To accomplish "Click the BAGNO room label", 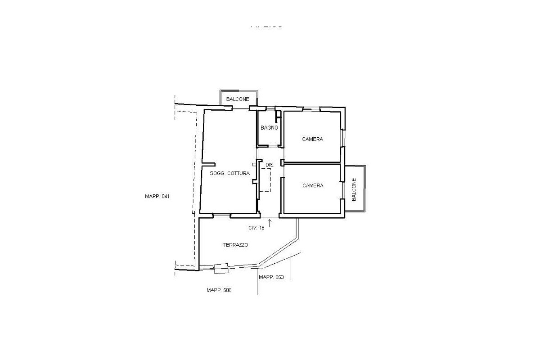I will (270, 128).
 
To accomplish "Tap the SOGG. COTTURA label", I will (229, 173).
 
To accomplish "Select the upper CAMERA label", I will (312, 139).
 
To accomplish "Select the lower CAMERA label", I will (312, 185).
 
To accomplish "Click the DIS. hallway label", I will (270, 165).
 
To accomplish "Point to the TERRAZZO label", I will (235, 245).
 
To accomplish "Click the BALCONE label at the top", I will (238, 99).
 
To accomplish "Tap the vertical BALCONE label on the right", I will (354, 189).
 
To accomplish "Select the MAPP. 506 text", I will (219, 290).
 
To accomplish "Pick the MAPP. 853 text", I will (271, 277).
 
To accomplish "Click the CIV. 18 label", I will (256, 228).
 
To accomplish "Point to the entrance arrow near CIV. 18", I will (270, 223).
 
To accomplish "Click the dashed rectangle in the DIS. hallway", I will (266, 180).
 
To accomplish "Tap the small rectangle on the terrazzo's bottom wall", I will (221, 269).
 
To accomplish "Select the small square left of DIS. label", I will (254, 165).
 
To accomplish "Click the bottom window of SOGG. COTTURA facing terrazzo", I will (221, 216).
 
